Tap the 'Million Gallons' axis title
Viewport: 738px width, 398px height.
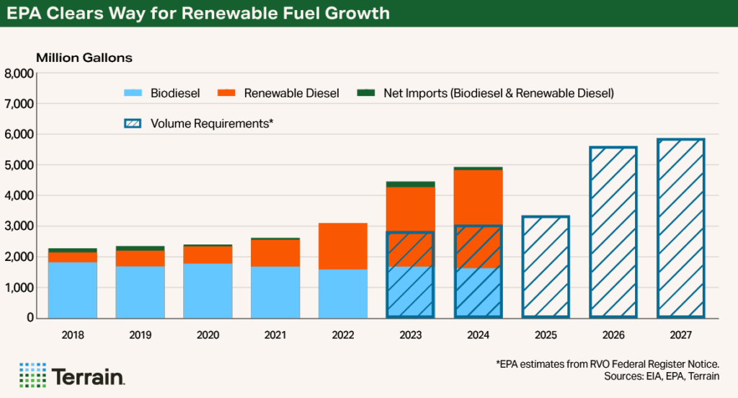pyautogui.click(x=84, y=57)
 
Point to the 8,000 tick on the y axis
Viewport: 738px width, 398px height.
pyautogui.click(x=19, y=74)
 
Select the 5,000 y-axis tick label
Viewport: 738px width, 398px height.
pyautogui.click(x=19, y=165)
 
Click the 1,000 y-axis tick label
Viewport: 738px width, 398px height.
pyautogui.click(x=19, y=287)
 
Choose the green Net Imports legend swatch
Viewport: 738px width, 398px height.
pyautogui.click(x=366, y=93)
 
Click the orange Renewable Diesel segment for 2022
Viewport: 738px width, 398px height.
pyautogui.click(x=343, y=246)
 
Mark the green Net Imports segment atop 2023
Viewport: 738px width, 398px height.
pyautogui.click(x=411, y=184)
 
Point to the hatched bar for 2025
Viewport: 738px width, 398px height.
pyautogui.click(x=546, y=267)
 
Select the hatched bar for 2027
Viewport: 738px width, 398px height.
pyautogui.click(x=680, y=228)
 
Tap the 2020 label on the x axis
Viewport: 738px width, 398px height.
pyautogui.click(x=208, y=335)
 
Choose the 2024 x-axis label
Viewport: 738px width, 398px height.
pyautogui.click(x=478, y=335)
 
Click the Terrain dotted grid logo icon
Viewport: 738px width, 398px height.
pyautogui.click(x=32, y=375)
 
